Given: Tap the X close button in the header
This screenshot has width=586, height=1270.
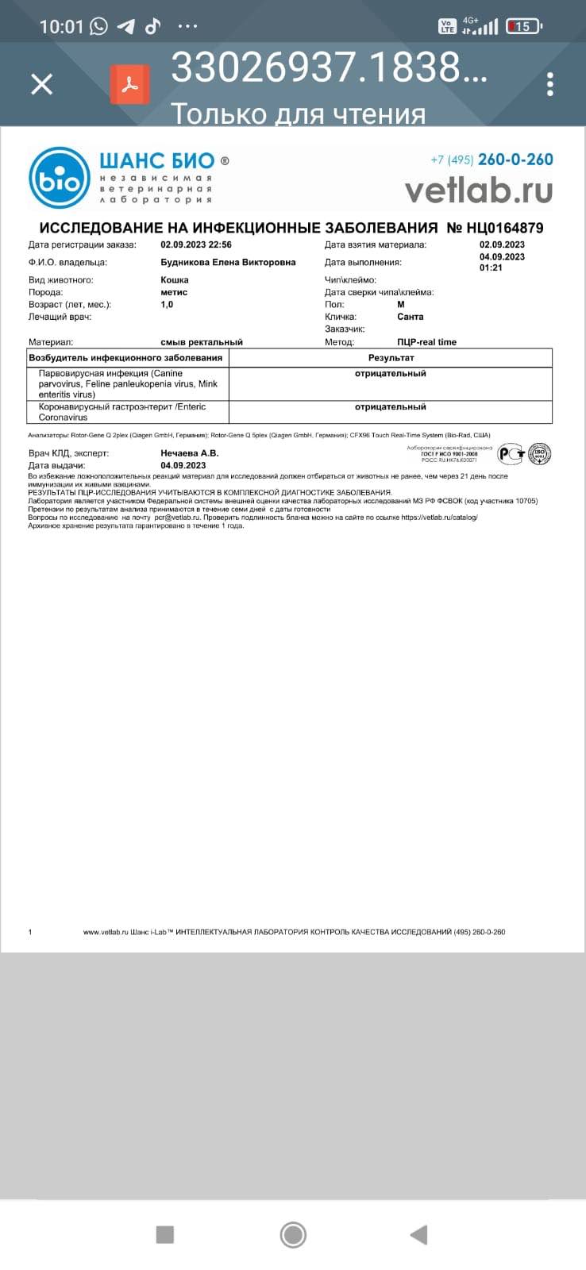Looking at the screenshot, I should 41,83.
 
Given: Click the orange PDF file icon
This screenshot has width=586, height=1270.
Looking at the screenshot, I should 130,83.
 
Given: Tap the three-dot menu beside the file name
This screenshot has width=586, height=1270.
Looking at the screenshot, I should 549,83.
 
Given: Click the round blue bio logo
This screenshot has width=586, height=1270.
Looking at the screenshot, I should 60,178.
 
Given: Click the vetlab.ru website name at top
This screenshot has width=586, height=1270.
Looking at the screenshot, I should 478,190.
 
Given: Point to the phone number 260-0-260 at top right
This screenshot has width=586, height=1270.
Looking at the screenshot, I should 515,160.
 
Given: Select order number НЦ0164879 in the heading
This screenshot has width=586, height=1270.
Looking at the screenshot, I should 495,228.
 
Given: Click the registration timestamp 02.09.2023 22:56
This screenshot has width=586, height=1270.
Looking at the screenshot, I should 196,245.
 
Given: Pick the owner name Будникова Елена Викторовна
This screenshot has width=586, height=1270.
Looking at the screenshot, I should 228,263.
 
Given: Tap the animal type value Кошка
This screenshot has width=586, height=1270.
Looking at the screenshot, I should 175,280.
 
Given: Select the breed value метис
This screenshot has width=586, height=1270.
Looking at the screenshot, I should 174,292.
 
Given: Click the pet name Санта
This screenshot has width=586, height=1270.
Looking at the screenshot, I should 411,317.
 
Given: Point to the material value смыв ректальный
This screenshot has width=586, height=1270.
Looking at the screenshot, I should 202,342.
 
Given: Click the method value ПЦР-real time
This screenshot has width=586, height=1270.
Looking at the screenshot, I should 427,342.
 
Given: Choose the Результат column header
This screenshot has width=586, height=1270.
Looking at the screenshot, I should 391,358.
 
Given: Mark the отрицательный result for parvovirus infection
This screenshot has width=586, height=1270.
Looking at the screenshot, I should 390,374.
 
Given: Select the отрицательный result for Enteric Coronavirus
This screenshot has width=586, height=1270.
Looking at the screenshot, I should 390,407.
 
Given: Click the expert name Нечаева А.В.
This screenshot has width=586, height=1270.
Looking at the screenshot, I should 190,453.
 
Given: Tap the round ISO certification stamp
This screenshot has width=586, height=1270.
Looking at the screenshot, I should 540,454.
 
